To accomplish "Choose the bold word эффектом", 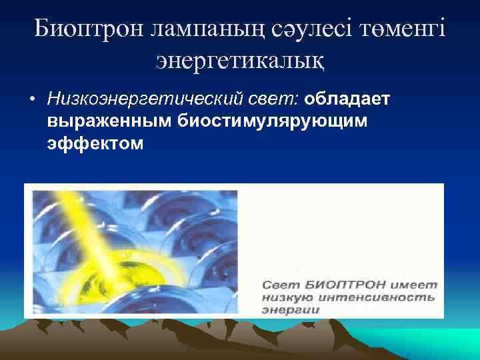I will (x=95, y=143).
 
